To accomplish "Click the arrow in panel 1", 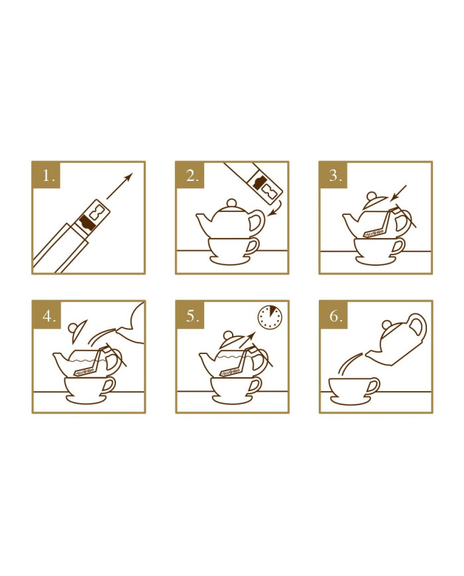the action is tap(119, 186).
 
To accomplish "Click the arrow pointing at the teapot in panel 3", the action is tap(398, 193).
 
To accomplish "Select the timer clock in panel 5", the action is tap(270, 317).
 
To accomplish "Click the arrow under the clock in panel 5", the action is tap(247, 339).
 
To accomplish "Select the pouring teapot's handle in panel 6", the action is tap(418, 326).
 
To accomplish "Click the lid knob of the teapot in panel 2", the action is tap(231, 203).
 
